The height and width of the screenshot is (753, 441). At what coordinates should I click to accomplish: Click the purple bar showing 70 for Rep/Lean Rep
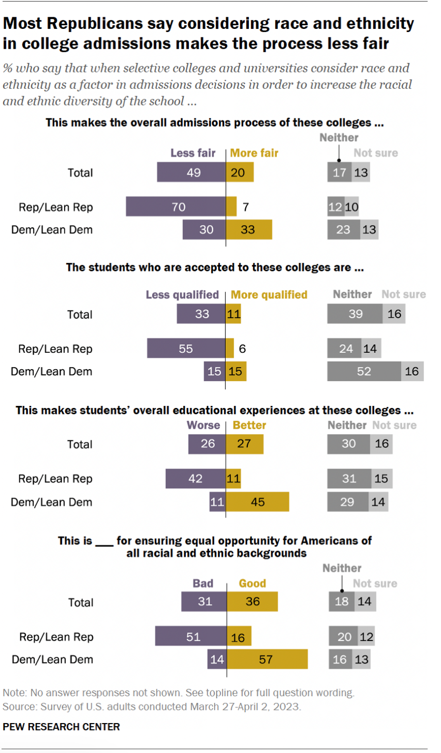coord(176,207)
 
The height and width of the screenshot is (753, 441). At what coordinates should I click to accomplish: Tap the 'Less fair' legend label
coord(193,153)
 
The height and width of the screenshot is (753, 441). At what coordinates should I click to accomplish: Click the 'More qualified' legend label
coord(269,294)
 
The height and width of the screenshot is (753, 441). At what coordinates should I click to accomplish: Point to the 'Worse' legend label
coord(204,425)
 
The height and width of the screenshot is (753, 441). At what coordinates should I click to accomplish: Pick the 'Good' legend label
coord(253,583)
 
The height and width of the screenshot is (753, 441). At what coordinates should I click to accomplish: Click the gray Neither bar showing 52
coord(364,371)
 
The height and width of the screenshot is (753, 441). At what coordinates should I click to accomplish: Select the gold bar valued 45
coord(257,502)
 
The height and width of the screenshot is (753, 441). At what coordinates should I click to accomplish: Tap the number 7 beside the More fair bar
coord(245,207)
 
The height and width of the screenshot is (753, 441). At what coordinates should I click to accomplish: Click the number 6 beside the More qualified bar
coord(242,348)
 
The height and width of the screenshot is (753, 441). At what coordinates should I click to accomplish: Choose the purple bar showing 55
coord(186,348)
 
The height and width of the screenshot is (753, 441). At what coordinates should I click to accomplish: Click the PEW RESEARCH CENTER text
coord(62,727)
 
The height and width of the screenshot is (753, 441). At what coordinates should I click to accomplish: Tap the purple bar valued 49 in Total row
coord(192,172)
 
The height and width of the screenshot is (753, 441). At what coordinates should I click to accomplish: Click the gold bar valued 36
coord(252,602)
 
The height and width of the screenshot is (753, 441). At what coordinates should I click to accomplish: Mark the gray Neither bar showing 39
coord(355,314)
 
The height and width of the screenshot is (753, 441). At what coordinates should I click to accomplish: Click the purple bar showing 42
coord(196,479)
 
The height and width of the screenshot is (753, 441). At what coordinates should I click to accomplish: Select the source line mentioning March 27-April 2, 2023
coord(152,707)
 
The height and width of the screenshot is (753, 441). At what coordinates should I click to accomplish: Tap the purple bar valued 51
coord(191,637)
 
